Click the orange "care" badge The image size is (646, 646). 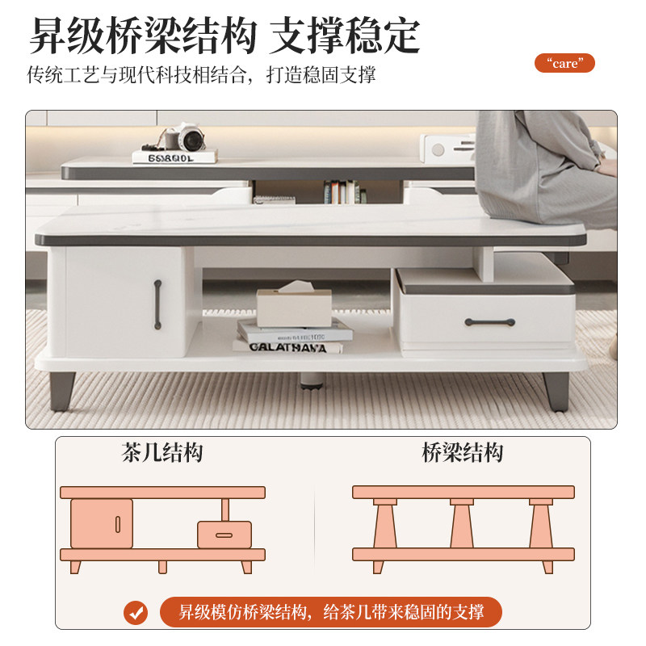[x=564, y=63]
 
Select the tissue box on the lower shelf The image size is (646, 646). [x=294, y=305]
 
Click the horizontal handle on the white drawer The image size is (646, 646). [x=489, y=322]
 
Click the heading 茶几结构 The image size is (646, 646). [x=162, y=452]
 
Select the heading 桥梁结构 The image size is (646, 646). [x=463, y=452]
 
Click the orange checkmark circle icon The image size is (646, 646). [x=136, y=611]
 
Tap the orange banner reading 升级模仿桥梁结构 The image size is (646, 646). [x=330, y=611]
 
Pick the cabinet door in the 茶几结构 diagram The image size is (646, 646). [x=102, y=523]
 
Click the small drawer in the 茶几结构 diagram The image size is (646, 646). [x=224, y=535]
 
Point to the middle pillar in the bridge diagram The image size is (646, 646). [x=462, y=525]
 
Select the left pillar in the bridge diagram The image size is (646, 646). [x=384, y=525]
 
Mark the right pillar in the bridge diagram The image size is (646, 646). [x=541, y=525]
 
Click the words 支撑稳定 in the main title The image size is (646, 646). [x=345, y=35]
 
